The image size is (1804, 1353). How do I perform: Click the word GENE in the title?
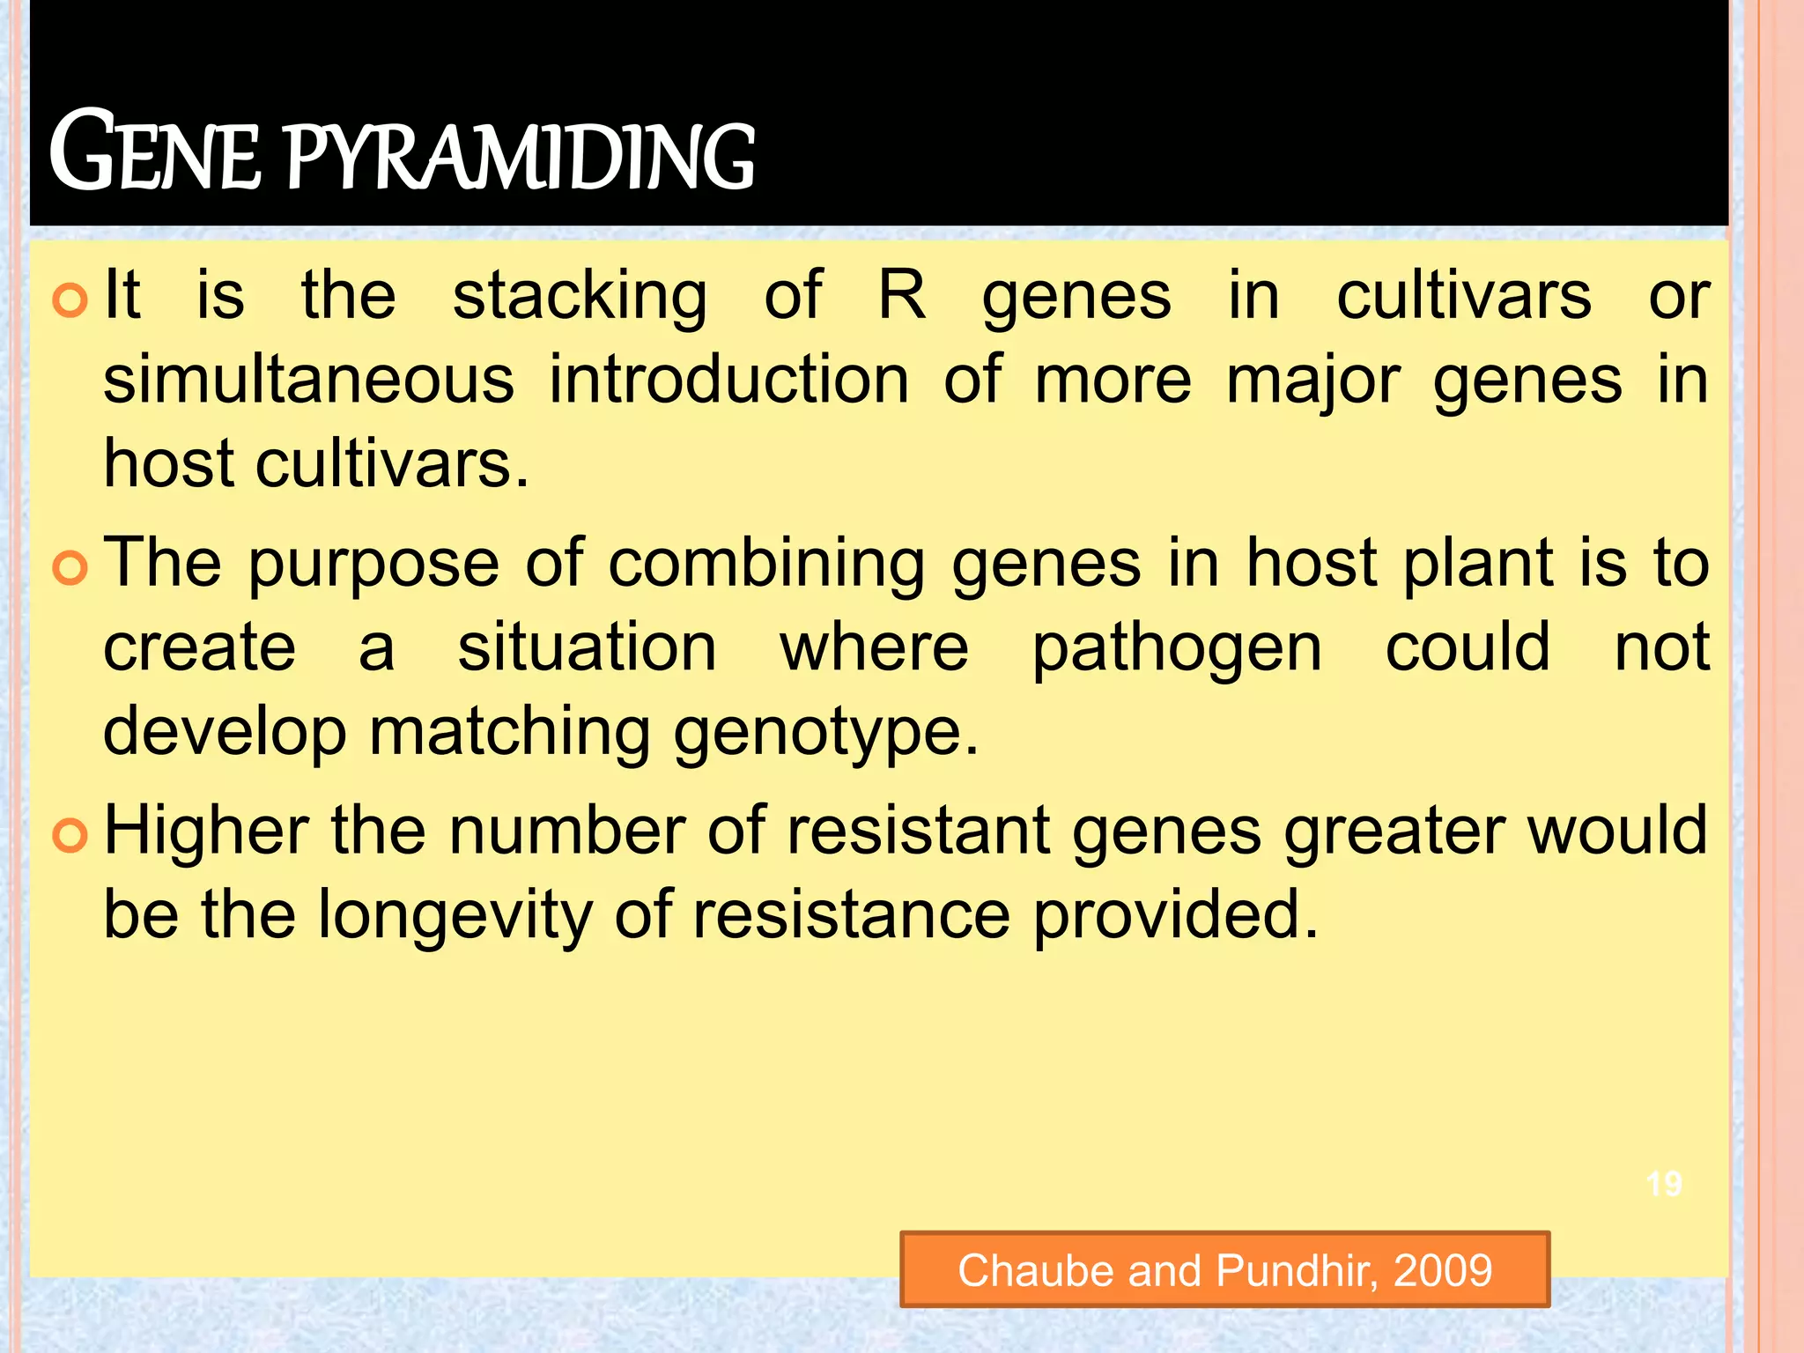pos(155,152)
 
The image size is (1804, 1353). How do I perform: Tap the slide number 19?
pos(1664,1184)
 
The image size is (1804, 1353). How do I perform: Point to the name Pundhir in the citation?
pos(1296,1270)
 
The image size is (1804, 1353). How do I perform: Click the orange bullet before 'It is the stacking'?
pos(70,300)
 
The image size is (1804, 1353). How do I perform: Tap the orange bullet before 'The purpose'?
pos(70,567)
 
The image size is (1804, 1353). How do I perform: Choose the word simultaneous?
pos(309,381)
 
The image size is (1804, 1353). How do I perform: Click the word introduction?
pos(729,381)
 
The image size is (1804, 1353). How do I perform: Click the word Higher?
pos(207,832)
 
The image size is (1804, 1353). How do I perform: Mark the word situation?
pos(588,647)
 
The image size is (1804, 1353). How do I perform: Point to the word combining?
pos(766,565)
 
